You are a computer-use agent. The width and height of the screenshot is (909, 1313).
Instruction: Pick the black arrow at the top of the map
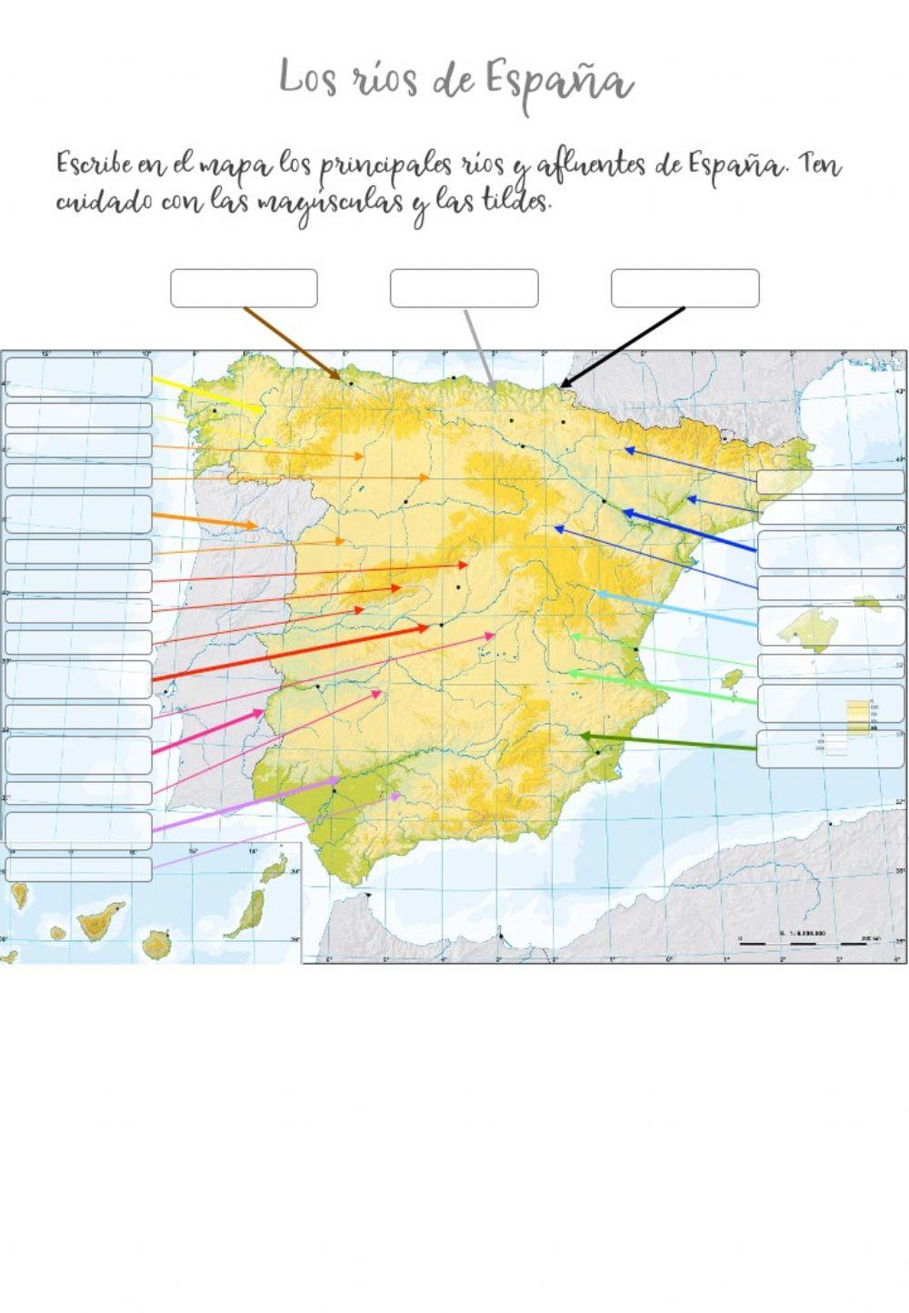[623, 346]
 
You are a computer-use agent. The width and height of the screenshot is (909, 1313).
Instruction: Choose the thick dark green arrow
[668, 741]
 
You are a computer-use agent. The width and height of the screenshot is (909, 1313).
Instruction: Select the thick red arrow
[291, 652]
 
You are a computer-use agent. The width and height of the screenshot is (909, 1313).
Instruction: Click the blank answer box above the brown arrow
[244, 288]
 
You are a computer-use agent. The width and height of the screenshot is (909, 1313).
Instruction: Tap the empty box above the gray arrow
[464, 288]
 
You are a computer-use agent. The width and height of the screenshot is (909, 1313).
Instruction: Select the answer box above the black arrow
[684, 288]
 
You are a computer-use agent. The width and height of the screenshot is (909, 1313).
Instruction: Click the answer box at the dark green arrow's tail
[830, 749]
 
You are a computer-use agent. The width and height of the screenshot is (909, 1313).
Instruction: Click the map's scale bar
[800, 944]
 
